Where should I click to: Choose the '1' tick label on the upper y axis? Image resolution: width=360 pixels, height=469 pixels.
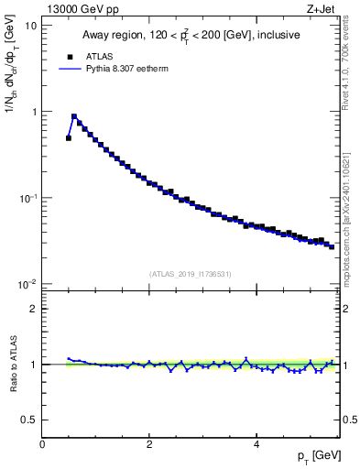34,112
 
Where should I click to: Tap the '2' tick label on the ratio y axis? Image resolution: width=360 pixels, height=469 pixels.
34,309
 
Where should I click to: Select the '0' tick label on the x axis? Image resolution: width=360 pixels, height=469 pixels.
42,444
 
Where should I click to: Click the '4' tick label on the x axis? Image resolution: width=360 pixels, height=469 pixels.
256,444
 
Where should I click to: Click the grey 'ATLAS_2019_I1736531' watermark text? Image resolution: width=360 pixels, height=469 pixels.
191,274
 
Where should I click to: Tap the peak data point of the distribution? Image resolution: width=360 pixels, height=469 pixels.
74,117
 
